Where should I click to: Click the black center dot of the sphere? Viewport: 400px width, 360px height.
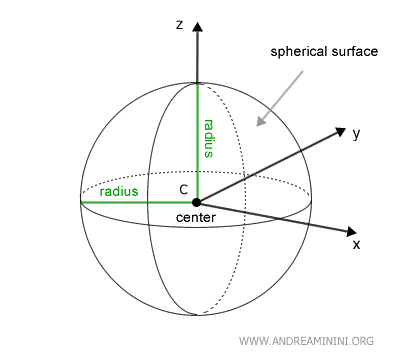point(197,202)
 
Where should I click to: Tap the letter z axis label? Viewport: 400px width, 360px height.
point(178,24)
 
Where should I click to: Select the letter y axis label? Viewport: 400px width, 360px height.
point(356,132)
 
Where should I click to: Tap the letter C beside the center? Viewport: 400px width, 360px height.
point(183,189)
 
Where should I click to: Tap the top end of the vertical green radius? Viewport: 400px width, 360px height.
point(197,84)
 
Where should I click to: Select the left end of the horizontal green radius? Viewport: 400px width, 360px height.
point(81,202)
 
